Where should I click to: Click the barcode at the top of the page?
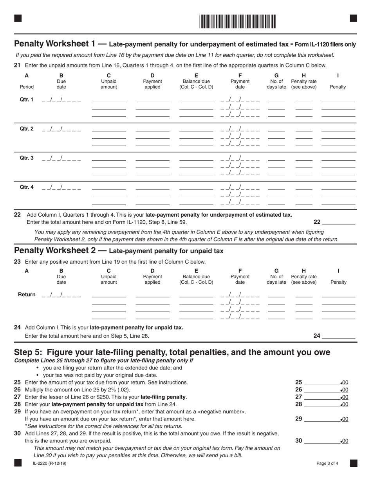point(238,21)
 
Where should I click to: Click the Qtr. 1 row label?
point(27,100)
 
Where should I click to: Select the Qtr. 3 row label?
point(27,158)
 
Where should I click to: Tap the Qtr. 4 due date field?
point(61,187)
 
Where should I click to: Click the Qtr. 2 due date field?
point(61,129)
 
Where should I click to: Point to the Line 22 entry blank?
point(338,222)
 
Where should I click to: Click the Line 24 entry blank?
point(338,336)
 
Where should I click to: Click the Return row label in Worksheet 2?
point(27,295)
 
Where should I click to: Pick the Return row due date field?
point(61,295)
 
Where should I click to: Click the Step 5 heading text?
point(172,352)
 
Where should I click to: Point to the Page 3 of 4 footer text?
point(327,464)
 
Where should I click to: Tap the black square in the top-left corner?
point(18,18)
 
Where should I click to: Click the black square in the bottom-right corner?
point(353,463)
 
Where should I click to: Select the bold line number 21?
point(17,65)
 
